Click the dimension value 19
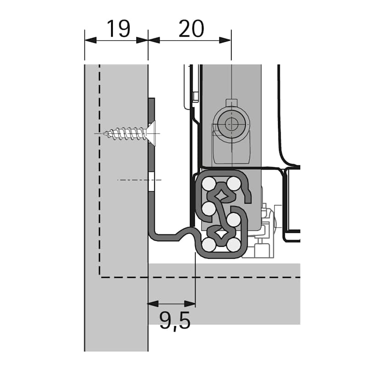pyautogui.click(x=118, y=29)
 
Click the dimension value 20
pyautogui.click(x=191, y=29)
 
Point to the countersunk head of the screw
pyautogui.click(x=151, y=133)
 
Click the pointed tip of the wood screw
pyautogui.click(x=104, y=133)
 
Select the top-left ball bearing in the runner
pyautogui.click(x=208, y=184)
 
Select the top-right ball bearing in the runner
pyautogui.click(x=234, y=183)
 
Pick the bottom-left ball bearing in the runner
pyautogui.click(x=209, y=245)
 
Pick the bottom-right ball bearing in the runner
pyautogui.click(x=234, y=245)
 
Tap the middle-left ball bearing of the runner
pyautogui.click(x=208, y=208)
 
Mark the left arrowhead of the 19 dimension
pyautogui.click(x=90, y=40)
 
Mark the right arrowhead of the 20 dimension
pyautogui.click(x=225, y=40)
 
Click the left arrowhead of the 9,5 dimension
pyautogui.click(x=153, y=304)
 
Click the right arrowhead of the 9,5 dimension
pyautogui.click(x=190, y=304)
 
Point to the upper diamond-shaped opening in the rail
pyautogui.click(x=221, y=194)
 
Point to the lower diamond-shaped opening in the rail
pyautogui.click(x=221, y=234)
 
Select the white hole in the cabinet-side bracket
pyautogui.click(x=152, y=182)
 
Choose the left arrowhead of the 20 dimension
pyautogui.click(x=154, y=40)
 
